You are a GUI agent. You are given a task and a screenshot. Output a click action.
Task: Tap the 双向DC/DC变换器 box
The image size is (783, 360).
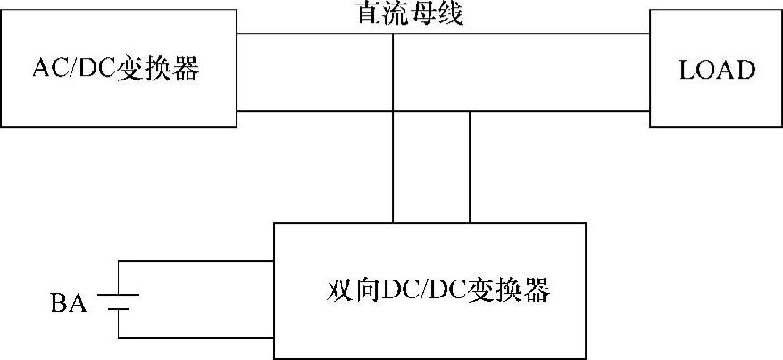pyautogui.click(x=429, y=290)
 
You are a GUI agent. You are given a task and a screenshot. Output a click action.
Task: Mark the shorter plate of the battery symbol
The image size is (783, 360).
pyautogui.click(x=120, y=309)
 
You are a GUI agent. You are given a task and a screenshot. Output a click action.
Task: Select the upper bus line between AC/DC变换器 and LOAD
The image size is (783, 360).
pyautogui.click(x=536, y=34)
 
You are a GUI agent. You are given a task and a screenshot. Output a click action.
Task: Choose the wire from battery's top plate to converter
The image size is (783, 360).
pyautogui.click(x=196, y=262)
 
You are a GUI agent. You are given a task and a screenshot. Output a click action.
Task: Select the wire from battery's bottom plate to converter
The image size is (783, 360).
pyautogui.click(x=196, y=339)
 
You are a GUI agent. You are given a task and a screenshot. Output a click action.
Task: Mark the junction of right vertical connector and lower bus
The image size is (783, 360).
pyautogui.click(x=469, y=111)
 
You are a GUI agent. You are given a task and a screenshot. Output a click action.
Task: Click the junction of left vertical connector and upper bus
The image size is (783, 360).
pyautogui.click(x=393, y=34)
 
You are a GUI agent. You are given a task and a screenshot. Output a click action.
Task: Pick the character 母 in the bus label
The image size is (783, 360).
pyautogui.click(x=423, y=13)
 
